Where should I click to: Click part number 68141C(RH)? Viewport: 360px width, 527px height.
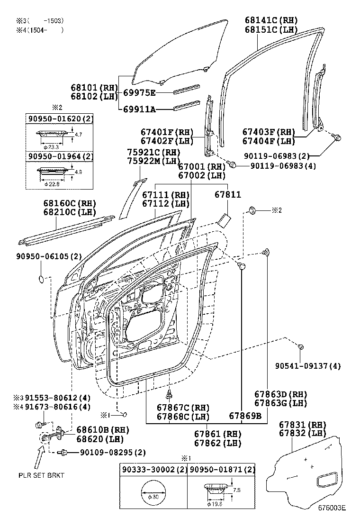tap(271, 20)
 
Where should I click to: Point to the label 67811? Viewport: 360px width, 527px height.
tap(228, 195)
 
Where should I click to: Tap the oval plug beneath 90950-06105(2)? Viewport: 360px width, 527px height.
tap(42, 279)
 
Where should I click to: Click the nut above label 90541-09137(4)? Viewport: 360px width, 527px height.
tap(301, 348)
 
